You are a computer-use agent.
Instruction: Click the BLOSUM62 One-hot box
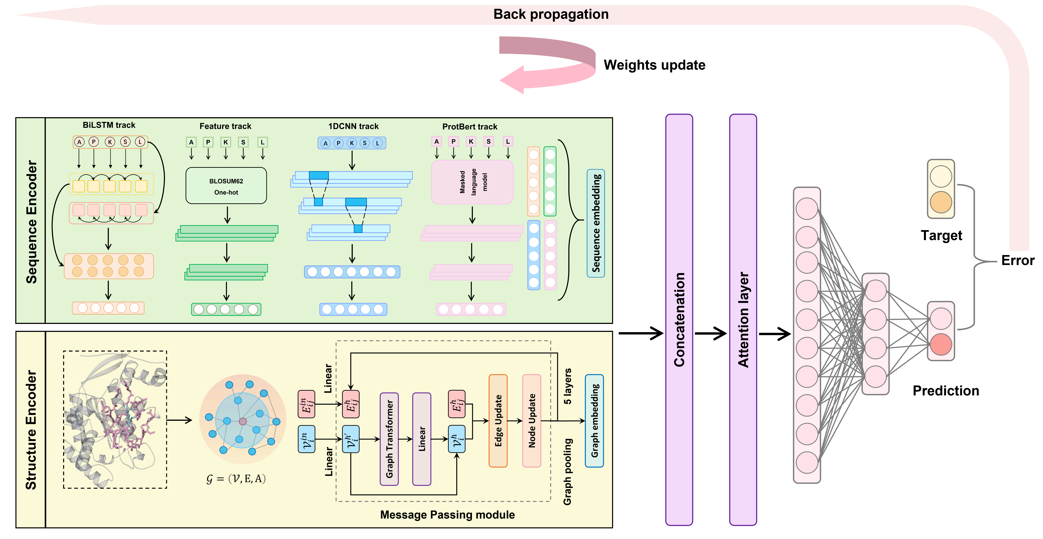click(226, 186)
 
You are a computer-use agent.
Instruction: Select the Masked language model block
click(472, 182)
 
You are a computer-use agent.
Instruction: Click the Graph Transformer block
click(389, 439)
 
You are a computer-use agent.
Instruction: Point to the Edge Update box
click(498, 421)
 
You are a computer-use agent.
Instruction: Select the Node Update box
click(532, 421)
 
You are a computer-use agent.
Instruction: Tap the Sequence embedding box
click(596, 223)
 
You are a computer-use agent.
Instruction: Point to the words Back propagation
click(551, 14)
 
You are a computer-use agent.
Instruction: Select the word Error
click(1017, 260)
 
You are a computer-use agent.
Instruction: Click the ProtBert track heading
click(470, 126)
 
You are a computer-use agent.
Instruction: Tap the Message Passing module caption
click(447, 515)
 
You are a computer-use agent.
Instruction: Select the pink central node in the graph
click(243, 422)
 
